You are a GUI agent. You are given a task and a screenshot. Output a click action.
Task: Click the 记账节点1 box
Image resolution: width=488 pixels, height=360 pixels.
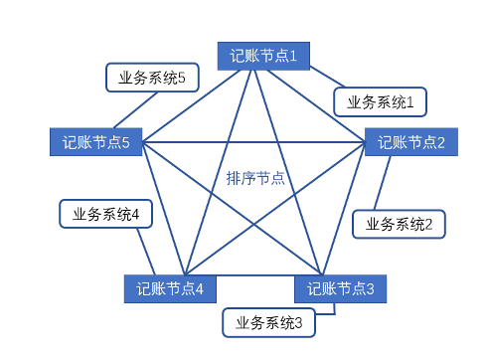(264, 55)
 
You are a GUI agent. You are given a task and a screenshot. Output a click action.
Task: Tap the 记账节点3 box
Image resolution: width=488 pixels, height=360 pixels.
(340, 288)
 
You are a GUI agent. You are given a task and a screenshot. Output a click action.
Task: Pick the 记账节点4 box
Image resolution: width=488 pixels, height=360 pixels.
(170, 288)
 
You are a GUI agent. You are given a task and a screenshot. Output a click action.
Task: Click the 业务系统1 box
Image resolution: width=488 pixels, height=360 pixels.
(380, 101)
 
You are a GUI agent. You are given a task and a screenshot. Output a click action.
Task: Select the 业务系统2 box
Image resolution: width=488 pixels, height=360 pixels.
(399, 224)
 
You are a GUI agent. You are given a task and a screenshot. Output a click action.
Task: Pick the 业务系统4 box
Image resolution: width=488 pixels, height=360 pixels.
(105, 213)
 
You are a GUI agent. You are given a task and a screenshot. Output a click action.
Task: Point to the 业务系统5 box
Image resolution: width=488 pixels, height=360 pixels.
(152, 78)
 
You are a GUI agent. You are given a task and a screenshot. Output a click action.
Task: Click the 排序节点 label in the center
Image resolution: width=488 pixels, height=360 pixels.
(255, 178)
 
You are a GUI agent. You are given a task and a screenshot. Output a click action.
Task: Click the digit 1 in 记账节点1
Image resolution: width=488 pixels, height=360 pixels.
(294, 55)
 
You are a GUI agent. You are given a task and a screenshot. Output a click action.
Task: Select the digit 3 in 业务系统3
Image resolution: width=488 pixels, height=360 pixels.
(309, 321)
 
